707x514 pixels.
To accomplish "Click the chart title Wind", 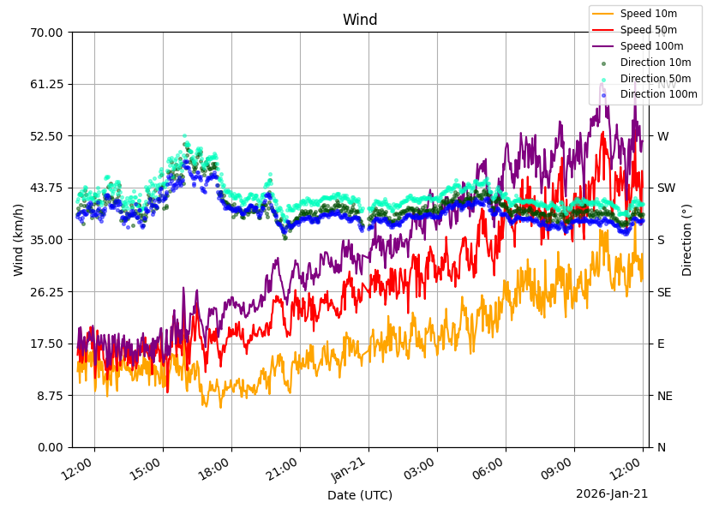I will (360, 20).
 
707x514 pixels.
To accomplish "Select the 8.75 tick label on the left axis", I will (49, 396).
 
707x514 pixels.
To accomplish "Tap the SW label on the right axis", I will (666, 188).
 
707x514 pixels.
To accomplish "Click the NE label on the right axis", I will (665, 396).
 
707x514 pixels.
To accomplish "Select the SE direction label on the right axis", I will (664, 292).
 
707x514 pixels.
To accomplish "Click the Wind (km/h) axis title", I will (19, 240).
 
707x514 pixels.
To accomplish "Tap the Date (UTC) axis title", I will (360, 495).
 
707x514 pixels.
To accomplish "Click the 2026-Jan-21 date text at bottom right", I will (612, 494).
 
